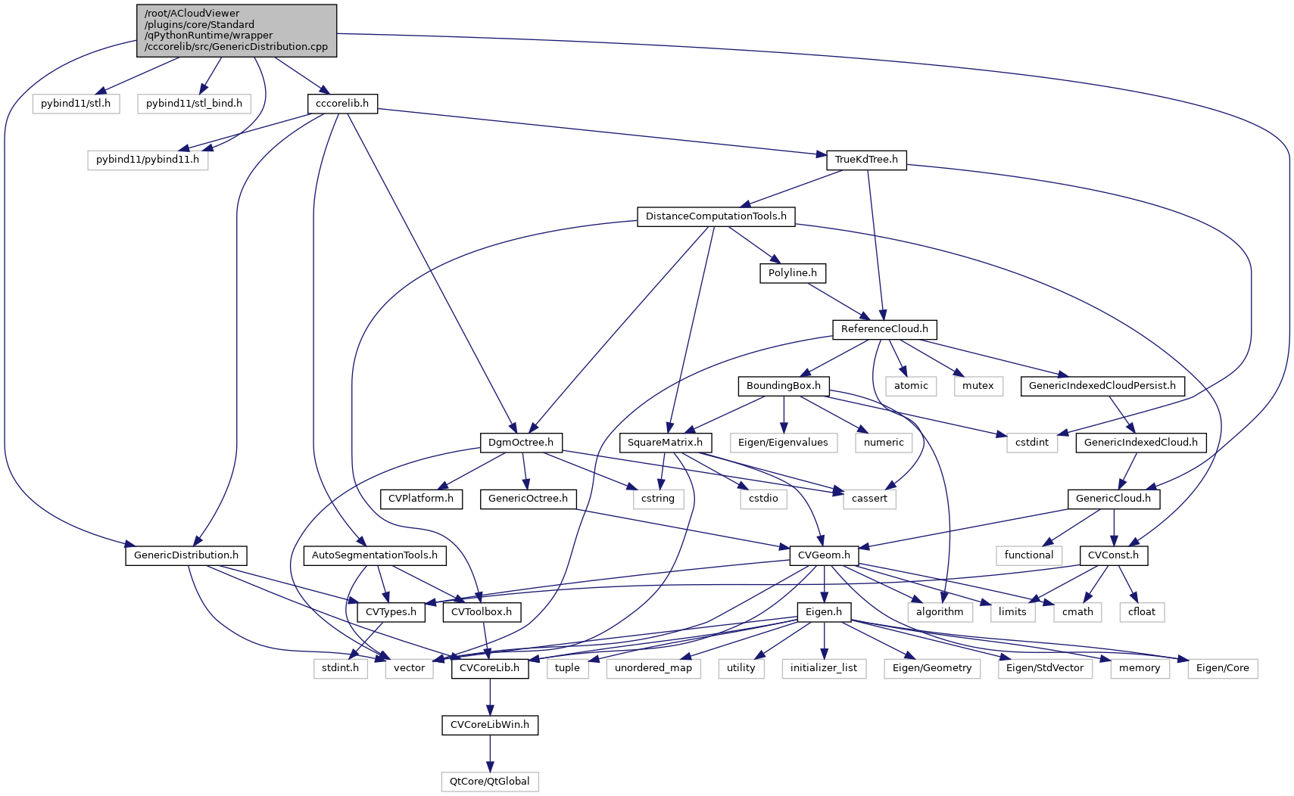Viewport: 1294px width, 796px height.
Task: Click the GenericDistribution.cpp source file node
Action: pyautogui.click(x=236, y=30)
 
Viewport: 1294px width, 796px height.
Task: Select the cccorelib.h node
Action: pyautogui.click(x=342, y=104)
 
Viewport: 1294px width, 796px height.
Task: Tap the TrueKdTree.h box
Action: pyautogui.click(x=866, y=160)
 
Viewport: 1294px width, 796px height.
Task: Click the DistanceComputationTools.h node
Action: pyautogui.click(x=716, y=216)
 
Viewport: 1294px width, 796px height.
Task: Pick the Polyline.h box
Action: pyautogui.click(x=792, y=273)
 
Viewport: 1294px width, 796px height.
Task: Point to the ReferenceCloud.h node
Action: pyautogui.click(x=884, y=329)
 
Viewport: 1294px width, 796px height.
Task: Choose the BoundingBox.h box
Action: pyautogui.click(x=783, y=386)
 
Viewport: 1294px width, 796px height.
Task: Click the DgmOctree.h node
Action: pyautogui.click(x=521, y=442)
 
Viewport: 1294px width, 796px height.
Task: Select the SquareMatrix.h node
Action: pyautogui.click(x=665, y=442)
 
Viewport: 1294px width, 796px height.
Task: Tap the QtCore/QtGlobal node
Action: pyautogui.click(x=490, y=782)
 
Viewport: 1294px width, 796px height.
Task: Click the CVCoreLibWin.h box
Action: pyautogui.click(x=490, y=725)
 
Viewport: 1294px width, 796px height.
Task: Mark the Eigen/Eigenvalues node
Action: pyautogui.click(x=783, y=442)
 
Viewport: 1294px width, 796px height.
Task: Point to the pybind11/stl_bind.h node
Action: pyautogui.click(x=194, y=104)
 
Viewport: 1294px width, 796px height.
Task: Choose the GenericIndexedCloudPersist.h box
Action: pyautogui.click(x=1102, y=386)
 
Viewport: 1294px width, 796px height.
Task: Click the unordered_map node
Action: pyautogui.click(x=653, y=668)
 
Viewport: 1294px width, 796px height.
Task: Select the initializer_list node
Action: pyautogui.click(x=824, y=668)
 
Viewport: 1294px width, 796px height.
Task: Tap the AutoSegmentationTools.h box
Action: pyautogui.click(x=374, y=555)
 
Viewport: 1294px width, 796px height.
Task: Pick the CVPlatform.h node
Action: pyautogui.click(x=421, y=499)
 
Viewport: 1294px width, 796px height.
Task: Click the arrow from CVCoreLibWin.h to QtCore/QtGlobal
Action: pyautogui.click(x=490, y=753)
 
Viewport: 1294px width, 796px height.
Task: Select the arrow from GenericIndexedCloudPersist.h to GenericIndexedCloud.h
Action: pyautogui.click(x=1121, y=414)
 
